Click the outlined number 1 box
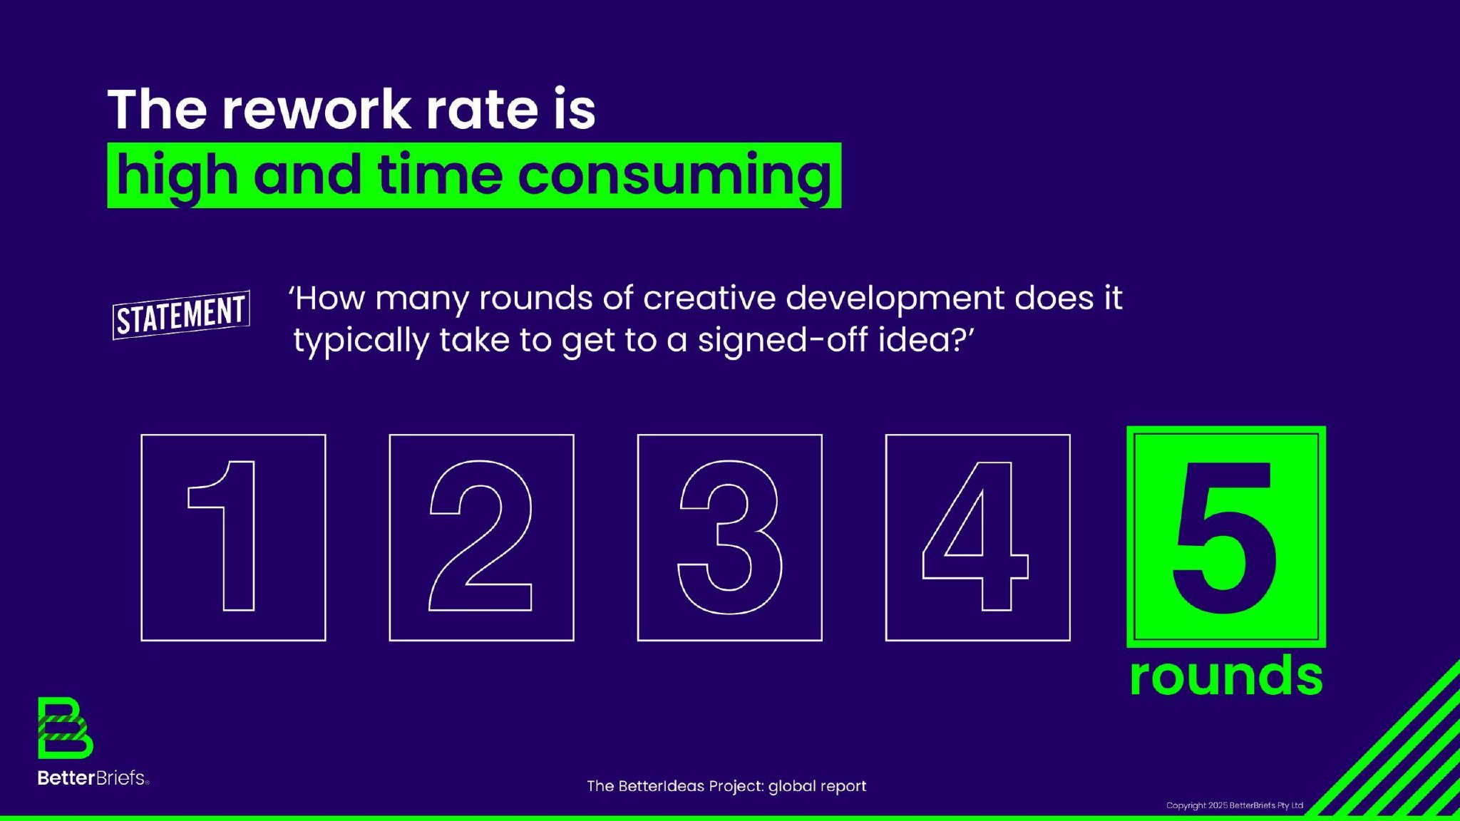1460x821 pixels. click(x=142, y=537)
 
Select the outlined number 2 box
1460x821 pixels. click(x=390, y=537)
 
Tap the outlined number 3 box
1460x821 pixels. click(x=638, y=537)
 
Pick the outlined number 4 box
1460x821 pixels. click(x=886, y=537)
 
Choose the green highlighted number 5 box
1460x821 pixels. click(x=1226, y=537)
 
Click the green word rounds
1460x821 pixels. click(x=1226, y=675)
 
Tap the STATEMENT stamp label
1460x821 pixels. click(x=181, y=315)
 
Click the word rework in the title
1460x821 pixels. click(x=317, y=110)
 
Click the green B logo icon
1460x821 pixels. click(x=65, y=728)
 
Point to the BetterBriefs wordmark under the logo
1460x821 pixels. click(x=93, y=778)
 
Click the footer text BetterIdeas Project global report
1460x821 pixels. click(x=726, y=786)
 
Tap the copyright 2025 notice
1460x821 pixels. click(x=1235, y=805)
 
